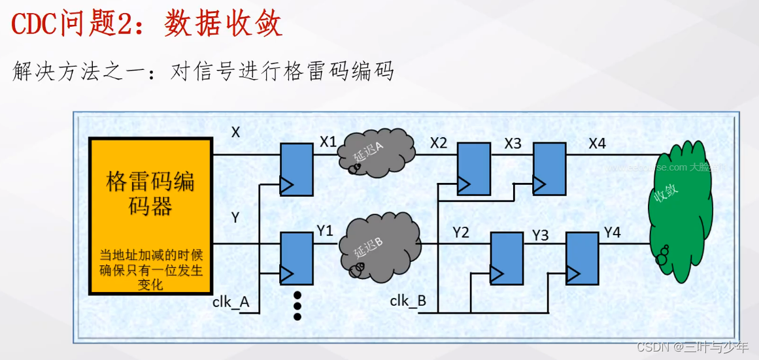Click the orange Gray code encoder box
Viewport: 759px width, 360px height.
point(151,216)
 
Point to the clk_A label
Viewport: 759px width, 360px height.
point(231,303)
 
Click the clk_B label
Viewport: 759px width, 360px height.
point(408,301)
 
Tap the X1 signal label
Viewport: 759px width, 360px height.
point(328,142)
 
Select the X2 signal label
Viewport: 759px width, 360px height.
point(439,142)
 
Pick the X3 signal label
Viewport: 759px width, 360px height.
point(513,142)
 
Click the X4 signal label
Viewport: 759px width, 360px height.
point(597,142)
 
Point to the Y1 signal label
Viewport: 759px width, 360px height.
point(325,231)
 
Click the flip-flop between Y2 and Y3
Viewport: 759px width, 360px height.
point(507,259)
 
